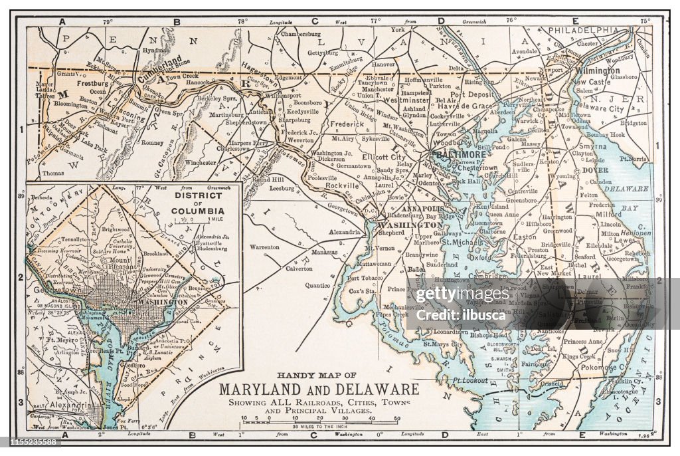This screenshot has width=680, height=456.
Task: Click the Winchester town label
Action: point(200,162)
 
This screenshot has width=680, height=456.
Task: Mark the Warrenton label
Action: point(264,247)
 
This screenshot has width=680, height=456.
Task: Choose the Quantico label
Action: point(317,285)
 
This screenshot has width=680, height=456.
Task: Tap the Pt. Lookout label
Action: point(471,380)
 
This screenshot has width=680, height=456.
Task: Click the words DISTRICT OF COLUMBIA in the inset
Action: point(199,203)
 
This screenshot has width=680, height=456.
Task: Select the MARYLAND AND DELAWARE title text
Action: point(319,389)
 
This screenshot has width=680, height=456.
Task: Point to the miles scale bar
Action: point(321,421)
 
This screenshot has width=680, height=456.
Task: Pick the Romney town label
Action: point(152,142)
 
